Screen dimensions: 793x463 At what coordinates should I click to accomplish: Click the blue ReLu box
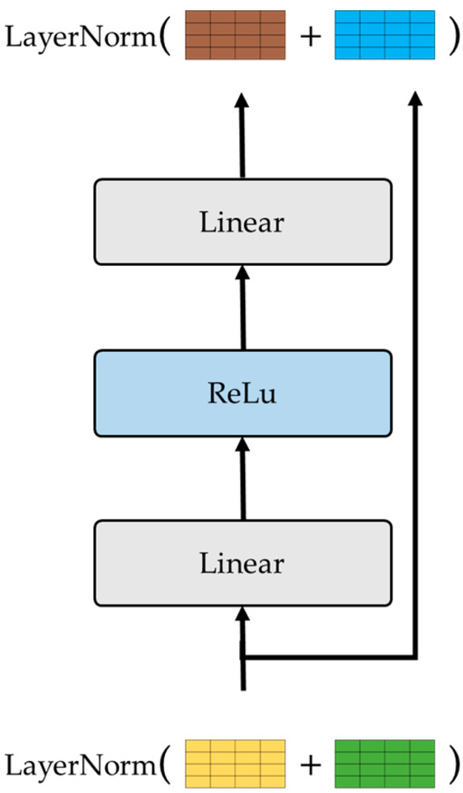[242, 392]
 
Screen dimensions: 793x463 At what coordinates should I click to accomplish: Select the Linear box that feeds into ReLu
[242, 562]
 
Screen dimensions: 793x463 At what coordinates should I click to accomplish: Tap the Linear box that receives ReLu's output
[242, 221]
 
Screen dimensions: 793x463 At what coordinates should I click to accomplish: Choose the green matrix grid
[384, 763]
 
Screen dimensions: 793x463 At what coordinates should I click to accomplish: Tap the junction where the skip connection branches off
[243, 657]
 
